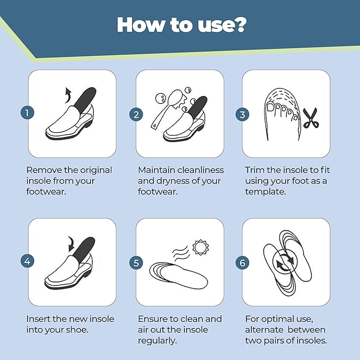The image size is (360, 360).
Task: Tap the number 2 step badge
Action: (136, 113)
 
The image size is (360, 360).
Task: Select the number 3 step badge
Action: (243, 113)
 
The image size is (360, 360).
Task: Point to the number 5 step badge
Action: (136, 262)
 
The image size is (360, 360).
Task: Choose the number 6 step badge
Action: (243, 262)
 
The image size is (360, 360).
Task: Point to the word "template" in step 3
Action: (265, 191)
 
